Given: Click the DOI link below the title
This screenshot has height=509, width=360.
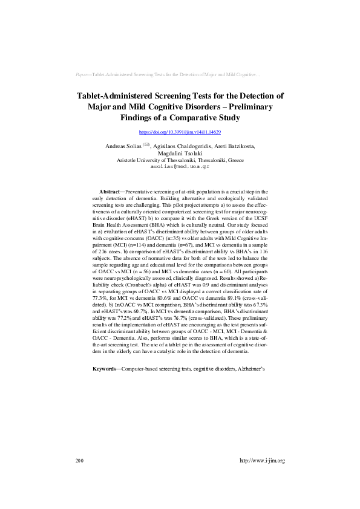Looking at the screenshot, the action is pyautogui.click(x=180, y=132).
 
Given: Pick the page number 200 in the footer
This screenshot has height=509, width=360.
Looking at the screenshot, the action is pyautogui.click(x=79, y=461).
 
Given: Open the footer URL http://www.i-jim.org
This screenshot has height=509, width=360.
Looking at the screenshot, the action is pyautogui.click(x=262, y=461).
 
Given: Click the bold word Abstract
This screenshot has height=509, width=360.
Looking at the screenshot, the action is pyautogui.click(x=109, y=191).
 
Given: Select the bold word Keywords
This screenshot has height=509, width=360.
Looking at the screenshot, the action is pyautogui.click(x=105, y=368).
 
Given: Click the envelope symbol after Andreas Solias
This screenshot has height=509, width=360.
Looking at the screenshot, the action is pyautogui.click(x=145, y=145).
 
